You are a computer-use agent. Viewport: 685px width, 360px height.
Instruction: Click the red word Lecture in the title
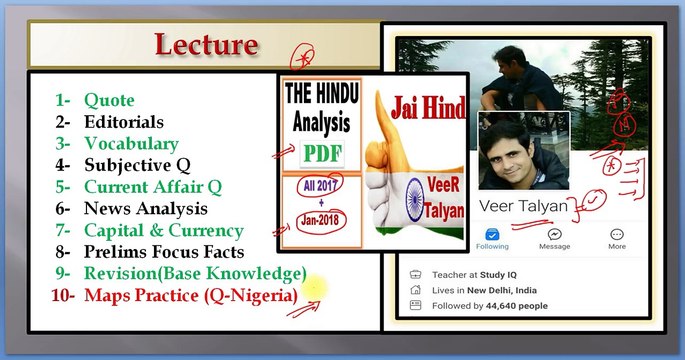tap(206, 45)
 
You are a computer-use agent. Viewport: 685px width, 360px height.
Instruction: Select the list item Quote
tap(109, 100)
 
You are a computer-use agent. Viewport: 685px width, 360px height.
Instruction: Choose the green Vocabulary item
tap(131, 143)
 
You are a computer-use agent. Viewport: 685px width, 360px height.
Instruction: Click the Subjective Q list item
tap(137, 165)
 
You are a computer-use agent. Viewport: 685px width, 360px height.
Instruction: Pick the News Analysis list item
tap(146, 208)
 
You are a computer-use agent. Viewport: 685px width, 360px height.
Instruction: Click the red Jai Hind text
tap(418, 104)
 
